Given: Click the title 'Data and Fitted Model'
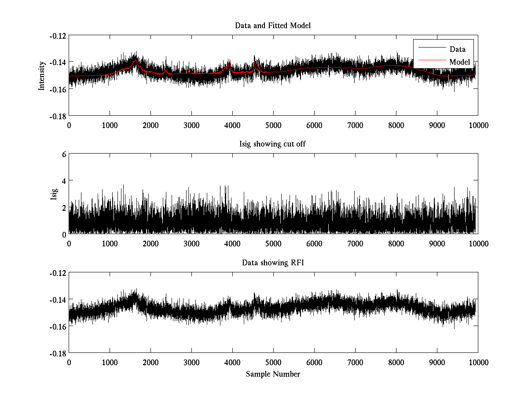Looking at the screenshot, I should tap(273, 26).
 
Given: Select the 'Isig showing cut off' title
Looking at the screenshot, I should tap(273, 144).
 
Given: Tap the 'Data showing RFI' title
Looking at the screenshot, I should tap(273, 263).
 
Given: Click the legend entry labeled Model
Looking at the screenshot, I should tap(459, 62).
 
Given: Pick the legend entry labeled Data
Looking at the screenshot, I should tap(457, 49).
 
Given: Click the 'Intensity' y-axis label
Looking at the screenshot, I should tap(42, 75).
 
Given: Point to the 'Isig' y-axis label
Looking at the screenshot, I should tap(54, 194).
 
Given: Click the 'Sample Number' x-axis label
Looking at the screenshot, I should tap(273, 374).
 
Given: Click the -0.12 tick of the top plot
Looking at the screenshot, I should tap(58, 36).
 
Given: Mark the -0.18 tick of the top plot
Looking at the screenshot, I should tap(58, 116).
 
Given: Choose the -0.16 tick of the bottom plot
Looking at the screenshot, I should tap(58, 326).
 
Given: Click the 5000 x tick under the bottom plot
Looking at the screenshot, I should tap(273, 362).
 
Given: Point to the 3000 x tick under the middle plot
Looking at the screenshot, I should tap(191, 243).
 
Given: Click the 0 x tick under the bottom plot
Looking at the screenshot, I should tap(69, 362).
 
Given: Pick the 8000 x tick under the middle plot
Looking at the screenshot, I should tap(396, 243).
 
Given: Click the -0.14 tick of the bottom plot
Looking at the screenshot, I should tap(58, 300).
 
